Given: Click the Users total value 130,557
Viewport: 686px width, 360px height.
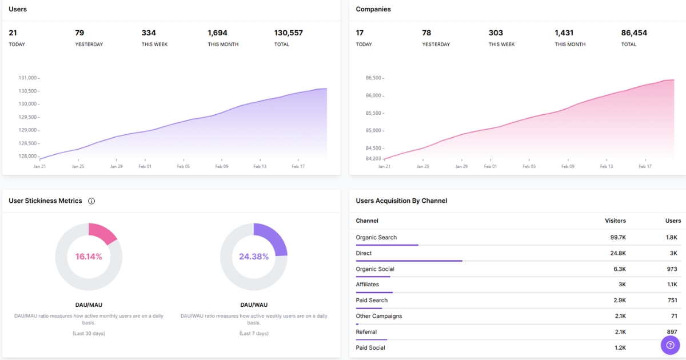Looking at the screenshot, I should coord(288,33).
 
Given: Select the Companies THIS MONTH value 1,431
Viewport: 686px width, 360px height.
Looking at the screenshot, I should coord(564,33).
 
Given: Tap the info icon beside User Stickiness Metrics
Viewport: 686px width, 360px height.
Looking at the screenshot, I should coord(91,201).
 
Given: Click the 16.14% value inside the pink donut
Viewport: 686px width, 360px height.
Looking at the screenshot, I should coord(89,257).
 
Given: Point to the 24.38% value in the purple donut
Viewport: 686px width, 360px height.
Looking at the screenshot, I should coord(254,257).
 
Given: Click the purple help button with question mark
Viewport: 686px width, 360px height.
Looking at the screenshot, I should coord(670,345).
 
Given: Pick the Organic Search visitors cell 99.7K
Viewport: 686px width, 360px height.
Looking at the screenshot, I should coord(617,238).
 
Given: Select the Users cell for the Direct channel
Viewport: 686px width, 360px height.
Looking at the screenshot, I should coord(673,253).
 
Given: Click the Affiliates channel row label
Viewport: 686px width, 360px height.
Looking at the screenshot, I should coord(367,285).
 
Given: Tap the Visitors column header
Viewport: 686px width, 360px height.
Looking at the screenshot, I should coord(615,221).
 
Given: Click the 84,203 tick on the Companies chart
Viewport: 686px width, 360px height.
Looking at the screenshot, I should coord(373,158).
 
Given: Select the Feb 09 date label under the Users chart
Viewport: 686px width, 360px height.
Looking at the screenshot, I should coord(222,167).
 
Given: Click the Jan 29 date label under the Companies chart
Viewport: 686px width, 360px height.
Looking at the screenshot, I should coord(461,167).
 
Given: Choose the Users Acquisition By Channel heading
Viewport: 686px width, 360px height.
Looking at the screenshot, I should coord(401,201).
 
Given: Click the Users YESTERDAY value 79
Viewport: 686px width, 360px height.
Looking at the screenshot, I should coord(79,33).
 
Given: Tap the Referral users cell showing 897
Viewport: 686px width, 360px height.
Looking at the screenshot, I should coord(671,332).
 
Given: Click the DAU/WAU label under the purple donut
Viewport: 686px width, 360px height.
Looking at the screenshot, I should coord(254,305).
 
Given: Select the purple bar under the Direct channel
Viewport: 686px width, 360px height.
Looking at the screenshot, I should coord(409,261).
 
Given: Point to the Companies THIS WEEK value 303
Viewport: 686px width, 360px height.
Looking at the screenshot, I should coord(496,33).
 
